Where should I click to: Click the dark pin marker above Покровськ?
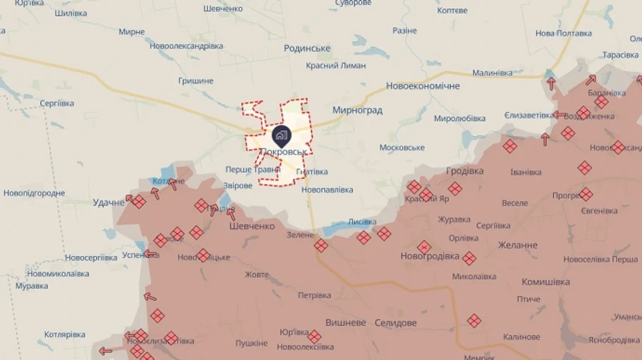coord(282,135)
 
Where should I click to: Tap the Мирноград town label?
coord(357,110)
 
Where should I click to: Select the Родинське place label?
coord(307,48)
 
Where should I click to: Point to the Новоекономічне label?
coord(423,86)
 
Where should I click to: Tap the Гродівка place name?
coord(464,171)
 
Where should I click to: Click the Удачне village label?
coord(108,202)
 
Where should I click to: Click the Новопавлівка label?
coord(327,190)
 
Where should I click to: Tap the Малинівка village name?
coord(492,73)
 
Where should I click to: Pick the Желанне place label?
coord(517,245)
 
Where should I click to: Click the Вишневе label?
coord(346,322)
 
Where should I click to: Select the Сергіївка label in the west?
coord(57,103)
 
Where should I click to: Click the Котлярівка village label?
coord(65,334)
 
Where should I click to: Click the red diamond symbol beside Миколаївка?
coord(469,258)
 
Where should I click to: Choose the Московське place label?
coord(402,148)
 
